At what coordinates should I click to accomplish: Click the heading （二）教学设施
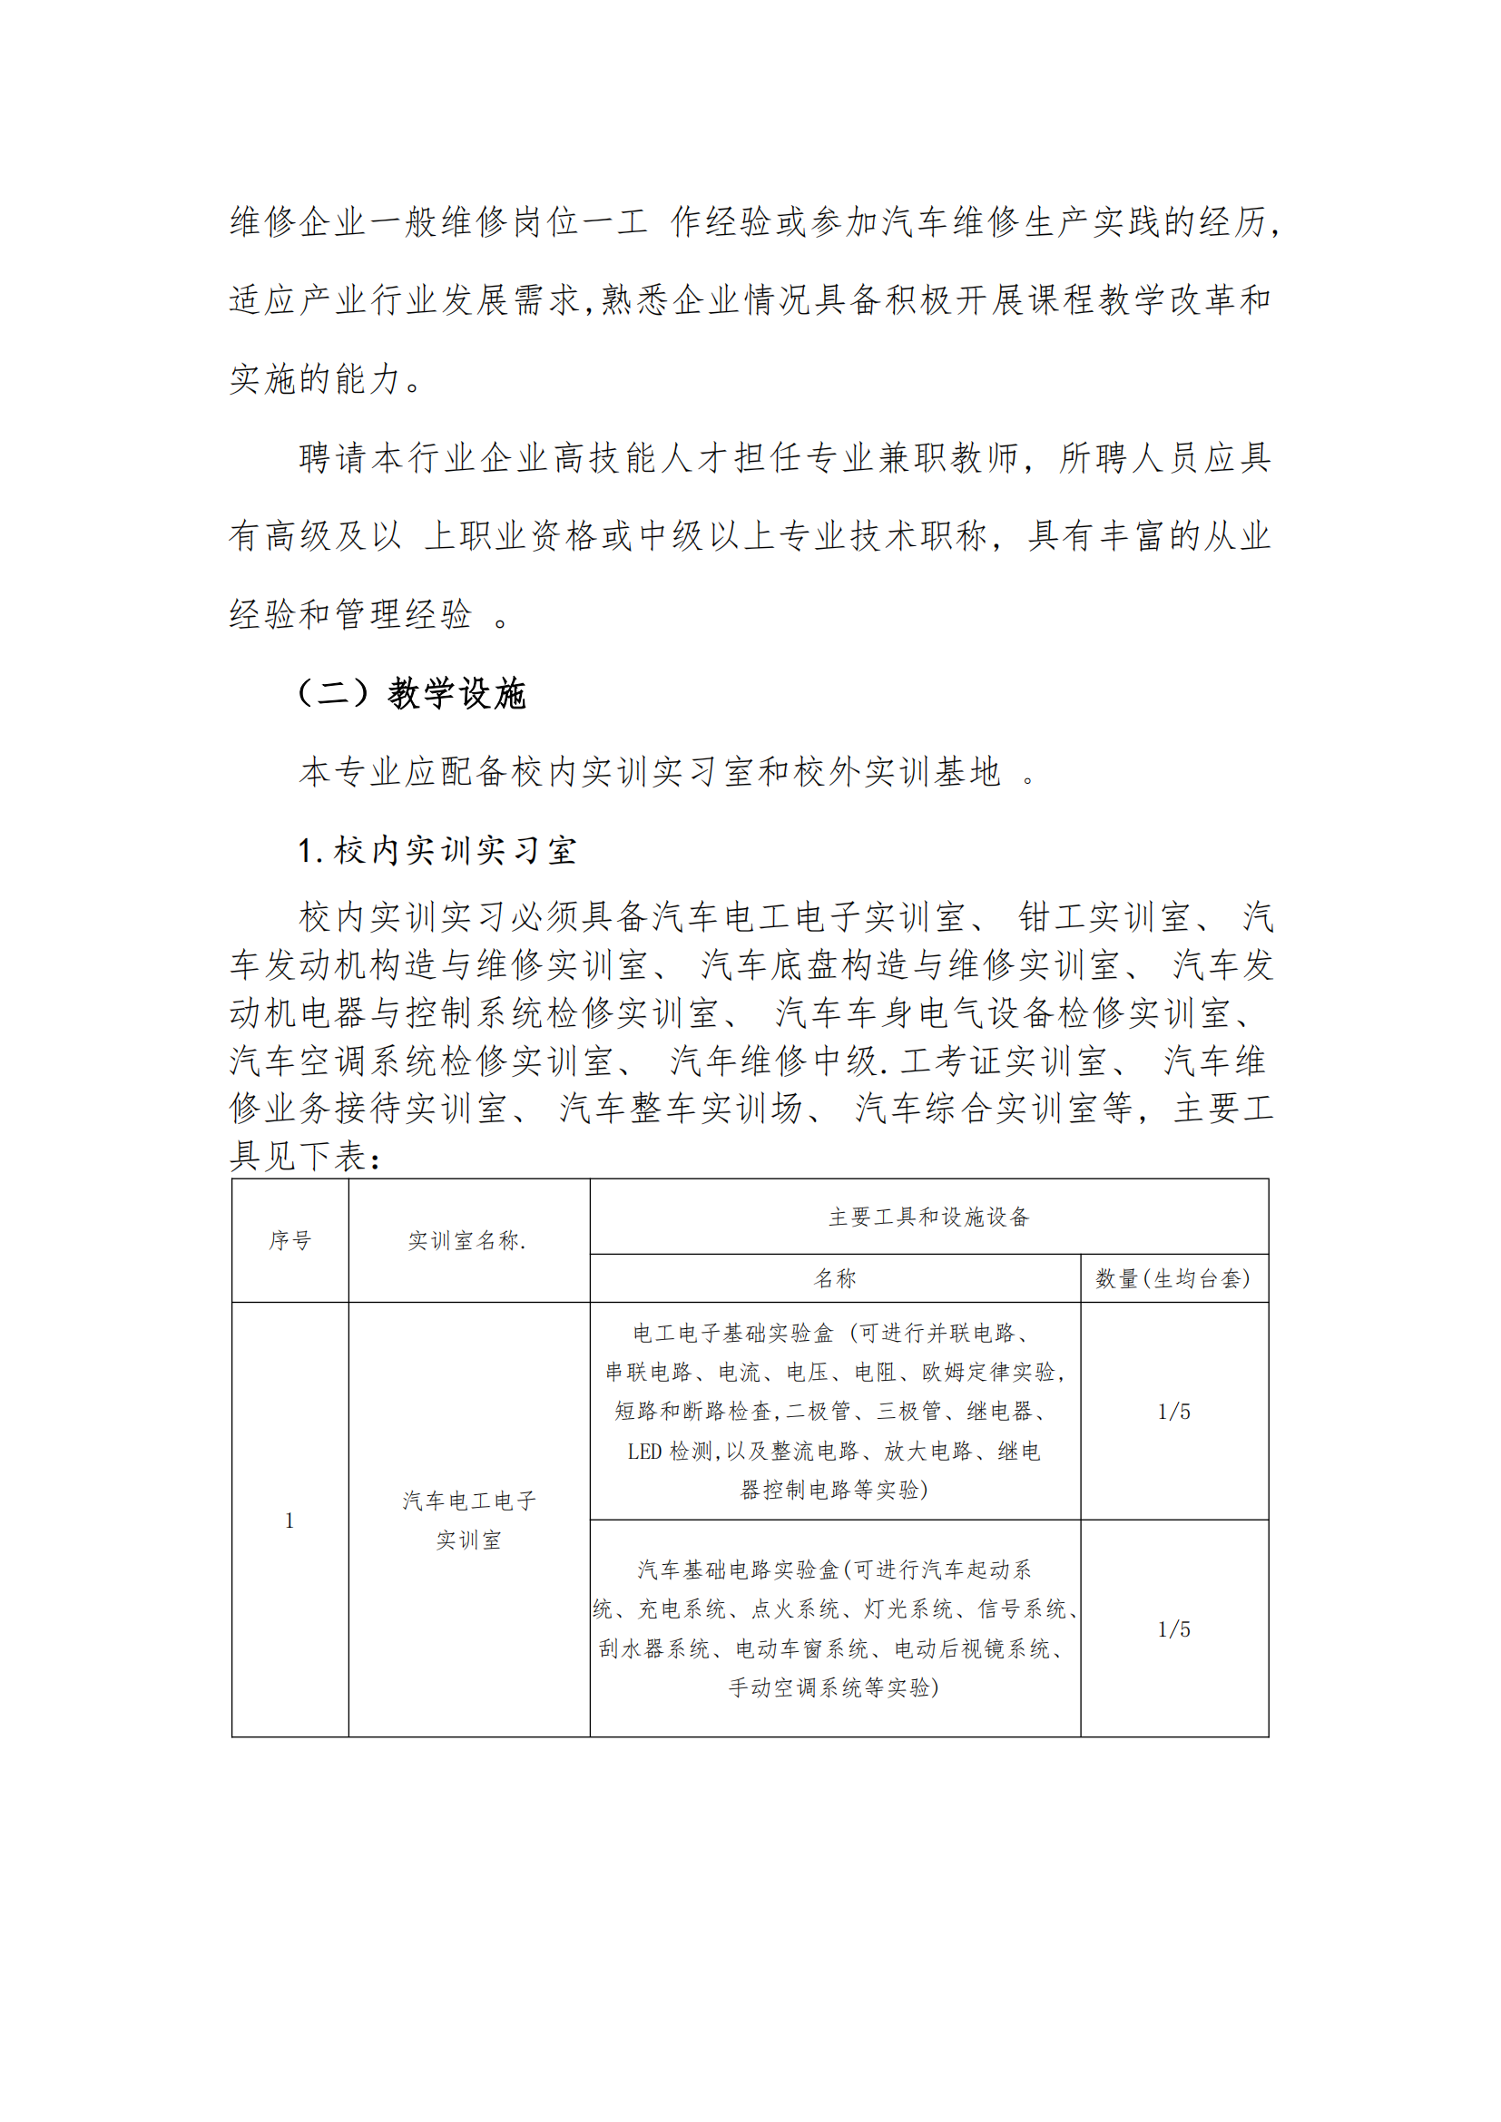point(411,693)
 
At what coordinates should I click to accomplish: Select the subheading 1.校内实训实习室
point(437,850)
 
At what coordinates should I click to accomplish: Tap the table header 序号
point(289,1240)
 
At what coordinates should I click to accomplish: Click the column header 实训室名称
point(467,1240)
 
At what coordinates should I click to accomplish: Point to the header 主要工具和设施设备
point(928,1217)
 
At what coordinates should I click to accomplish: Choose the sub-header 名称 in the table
point(835,1278)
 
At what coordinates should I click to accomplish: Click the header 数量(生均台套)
point(1172,1278)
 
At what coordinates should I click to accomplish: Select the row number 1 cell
point(289,1521)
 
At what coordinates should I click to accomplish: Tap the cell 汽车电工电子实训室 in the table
point(468,1521)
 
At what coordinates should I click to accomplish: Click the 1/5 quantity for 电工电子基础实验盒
point(1173,1412)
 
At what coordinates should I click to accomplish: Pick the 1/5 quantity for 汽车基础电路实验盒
point(1173,1629)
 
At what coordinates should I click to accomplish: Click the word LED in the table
point(644,1451)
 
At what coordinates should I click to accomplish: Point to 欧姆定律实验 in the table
point(988,1373)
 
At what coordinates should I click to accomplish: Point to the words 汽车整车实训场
point(681,1108)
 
